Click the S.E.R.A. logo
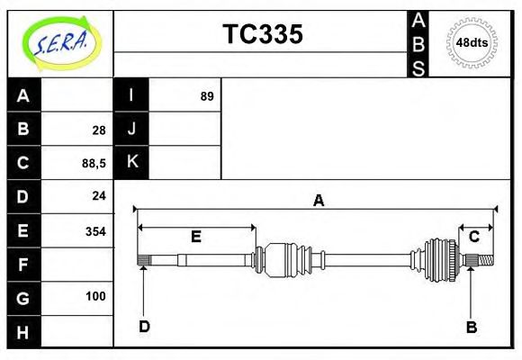(59, 41)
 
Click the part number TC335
(262, 34)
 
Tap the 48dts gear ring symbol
(472, 42)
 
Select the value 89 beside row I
(207, 96)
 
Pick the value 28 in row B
(99, 130)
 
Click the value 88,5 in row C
(94, 164)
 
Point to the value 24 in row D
(99, 196)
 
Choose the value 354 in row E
(95, 230)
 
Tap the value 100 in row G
(95, 296)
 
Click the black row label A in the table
(23, 96)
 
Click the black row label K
(131, 163)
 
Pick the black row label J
(131, 130)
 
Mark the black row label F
(23, 264)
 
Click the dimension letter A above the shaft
(318, 201)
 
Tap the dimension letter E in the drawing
(195, 237)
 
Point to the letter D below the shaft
(144, 326)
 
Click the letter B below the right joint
(471, 327)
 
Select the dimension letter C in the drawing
(473, 237)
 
